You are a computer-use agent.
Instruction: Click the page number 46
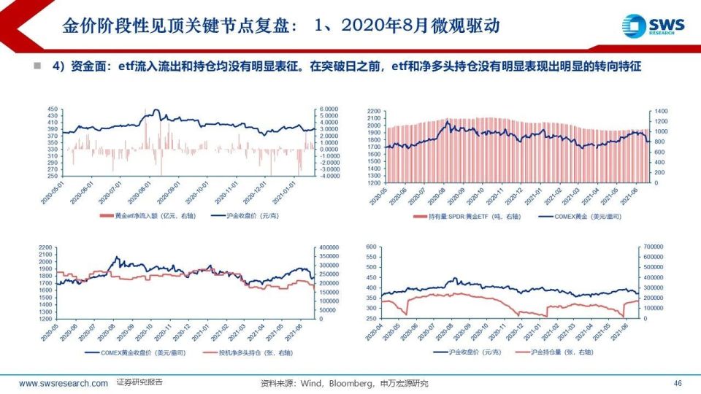pos(677,383)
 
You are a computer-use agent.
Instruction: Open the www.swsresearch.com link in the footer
pos(64,383)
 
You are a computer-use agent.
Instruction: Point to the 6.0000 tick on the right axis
pos(330,108)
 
